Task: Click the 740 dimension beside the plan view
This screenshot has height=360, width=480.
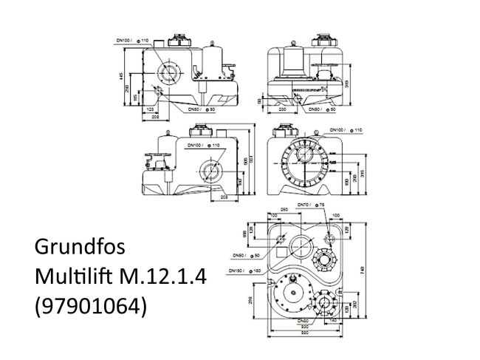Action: (361, 273)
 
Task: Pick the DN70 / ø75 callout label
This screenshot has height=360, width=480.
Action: (310, 204)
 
